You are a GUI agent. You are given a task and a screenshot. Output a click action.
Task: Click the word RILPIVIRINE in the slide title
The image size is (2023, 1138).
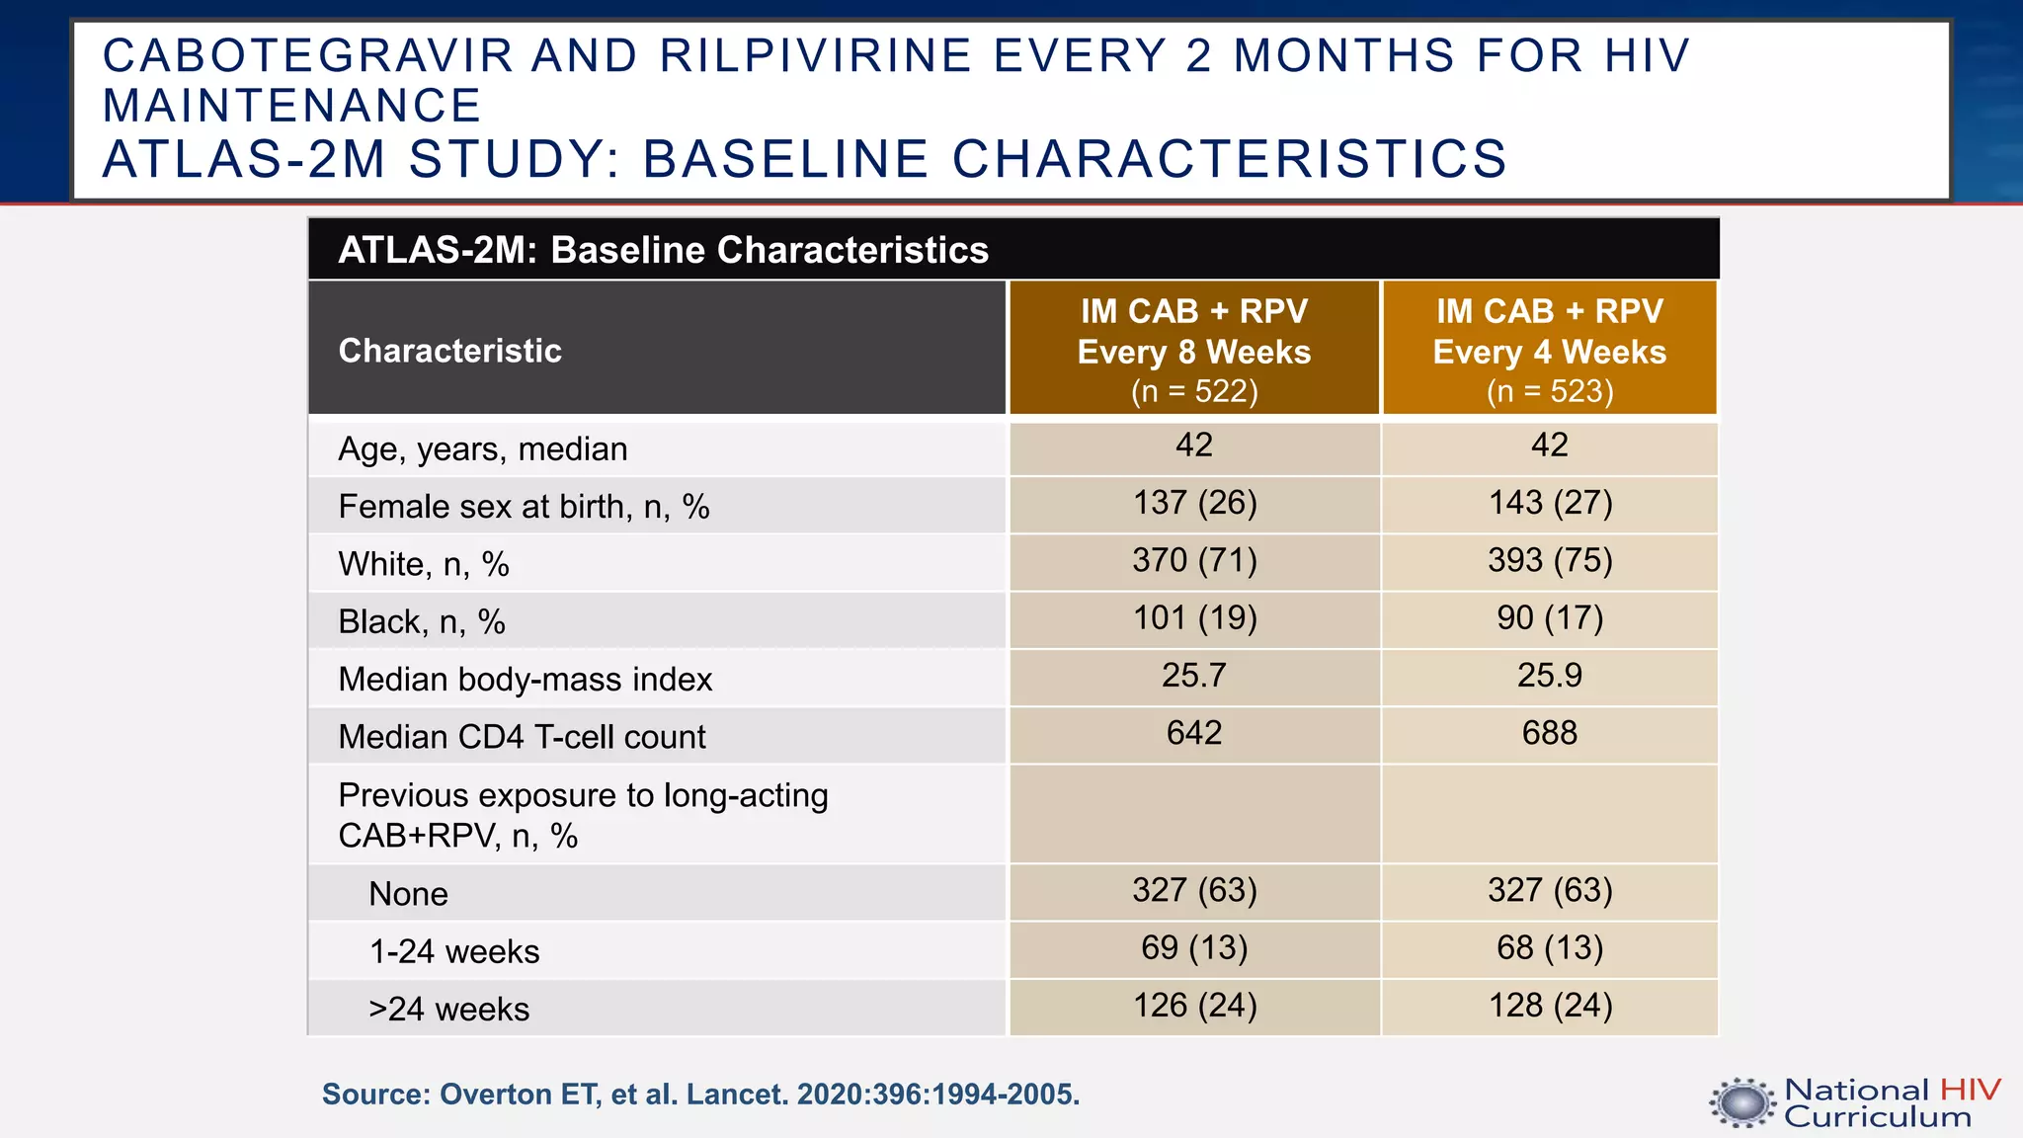[x=815, y=55]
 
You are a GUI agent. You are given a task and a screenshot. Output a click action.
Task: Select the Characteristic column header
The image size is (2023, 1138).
[x=449, y=351]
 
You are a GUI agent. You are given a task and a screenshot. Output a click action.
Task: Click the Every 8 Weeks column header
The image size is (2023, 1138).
[x=1193, y=352]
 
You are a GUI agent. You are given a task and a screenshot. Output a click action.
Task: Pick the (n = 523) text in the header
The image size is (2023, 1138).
[x=1549, y=391]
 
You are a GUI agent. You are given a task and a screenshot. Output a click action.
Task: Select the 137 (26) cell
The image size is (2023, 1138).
[x=1194, y=503]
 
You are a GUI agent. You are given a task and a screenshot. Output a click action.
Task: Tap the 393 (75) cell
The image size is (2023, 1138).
[x=1549, y=560]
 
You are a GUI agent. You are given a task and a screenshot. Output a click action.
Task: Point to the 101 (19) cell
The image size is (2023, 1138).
[x=1194, y=617]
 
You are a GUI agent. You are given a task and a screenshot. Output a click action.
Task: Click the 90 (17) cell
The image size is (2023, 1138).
[x=1549, y=617]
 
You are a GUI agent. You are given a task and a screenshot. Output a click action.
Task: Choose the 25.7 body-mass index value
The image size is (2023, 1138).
[x=1193, y=675]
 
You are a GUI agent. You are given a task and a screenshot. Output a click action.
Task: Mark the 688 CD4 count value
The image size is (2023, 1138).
[x=1549, y=733]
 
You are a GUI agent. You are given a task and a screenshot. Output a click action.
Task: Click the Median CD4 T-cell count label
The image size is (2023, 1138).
[x=522, y=737]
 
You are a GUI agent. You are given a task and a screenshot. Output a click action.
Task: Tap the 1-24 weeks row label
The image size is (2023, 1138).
[x=453, y=951]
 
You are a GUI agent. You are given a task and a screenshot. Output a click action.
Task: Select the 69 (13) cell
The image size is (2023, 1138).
[x=1193, y=947]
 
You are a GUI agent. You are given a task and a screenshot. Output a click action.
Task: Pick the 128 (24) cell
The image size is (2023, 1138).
[x=1549, y=1005]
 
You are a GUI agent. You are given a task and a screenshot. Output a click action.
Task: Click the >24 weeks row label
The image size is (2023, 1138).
[x=448, y=1009]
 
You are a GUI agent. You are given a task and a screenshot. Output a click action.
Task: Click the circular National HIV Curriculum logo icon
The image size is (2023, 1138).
[x=1742, y=1102]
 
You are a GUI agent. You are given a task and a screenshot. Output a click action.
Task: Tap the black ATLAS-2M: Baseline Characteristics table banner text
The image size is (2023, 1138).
[x=663, y=250]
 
